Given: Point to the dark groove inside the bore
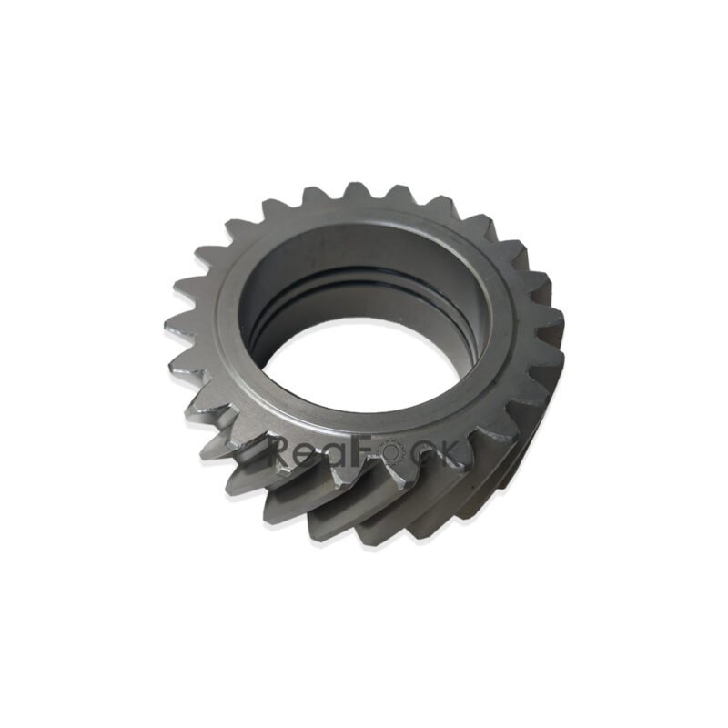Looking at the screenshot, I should tap(364, 278).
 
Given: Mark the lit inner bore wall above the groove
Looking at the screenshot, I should tap(364, 246).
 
